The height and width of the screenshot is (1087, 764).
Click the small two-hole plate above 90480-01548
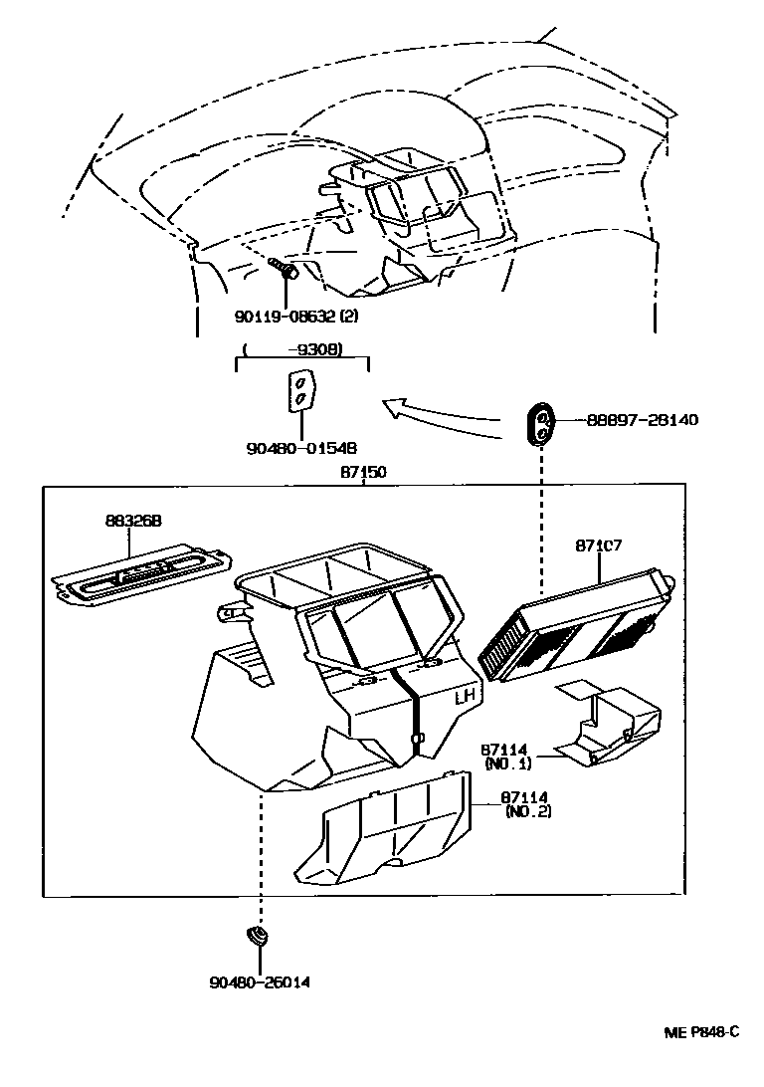click(x=299, y=391)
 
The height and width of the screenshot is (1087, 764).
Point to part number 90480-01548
click(x=301, y=448)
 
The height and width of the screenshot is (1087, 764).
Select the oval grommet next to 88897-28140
click(x=540, y=424)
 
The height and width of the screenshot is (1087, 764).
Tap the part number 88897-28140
click(x=641, y=420)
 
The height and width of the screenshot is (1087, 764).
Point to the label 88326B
click(x=134, y=520)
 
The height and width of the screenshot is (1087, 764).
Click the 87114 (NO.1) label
click(x=507, y=757)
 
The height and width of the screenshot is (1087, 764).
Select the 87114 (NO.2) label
click(x=525, y=804)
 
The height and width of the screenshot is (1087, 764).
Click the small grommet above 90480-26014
click(x=259, y=937)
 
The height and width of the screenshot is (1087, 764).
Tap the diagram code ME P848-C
click(x=701, y=1031)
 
